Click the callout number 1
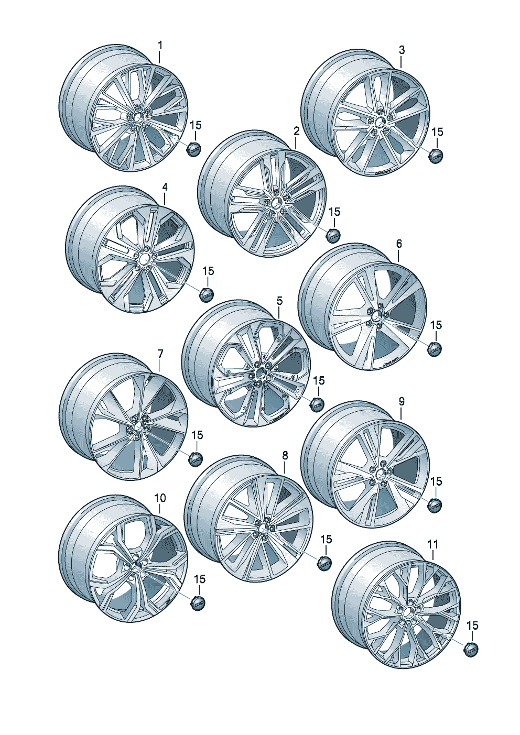160,46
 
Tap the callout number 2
297,131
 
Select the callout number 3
402,50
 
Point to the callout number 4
165,188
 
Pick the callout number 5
279,301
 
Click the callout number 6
399,244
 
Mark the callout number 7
160,354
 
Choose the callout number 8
285,455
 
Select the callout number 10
160,498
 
